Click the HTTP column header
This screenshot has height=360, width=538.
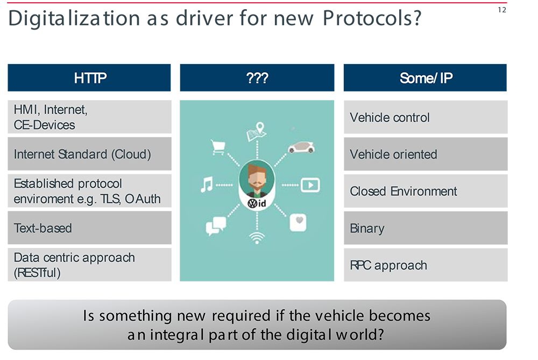coord(89,77)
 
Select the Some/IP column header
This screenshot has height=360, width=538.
coord(425,77)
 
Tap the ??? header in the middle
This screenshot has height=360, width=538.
coord(257,77)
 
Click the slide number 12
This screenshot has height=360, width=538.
coord(502,10)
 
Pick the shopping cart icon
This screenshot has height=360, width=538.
coord(218,147)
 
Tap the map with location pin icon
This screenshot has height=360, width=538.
coord(257,131)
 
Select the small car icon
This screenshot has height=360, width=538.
coord(301,147)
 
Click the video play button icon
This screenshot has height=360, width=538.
coord(310,185)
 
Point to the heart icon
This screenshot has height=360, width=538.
coord(298,223)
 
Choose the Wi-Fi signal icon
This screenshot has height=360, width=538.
coord(257,237)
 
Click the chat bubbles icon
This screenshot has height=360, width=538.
coord(216,225)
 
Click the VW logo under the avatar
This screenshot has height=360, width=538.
coord(252,203)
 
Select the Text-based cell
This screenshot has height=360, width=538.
coord(89,228)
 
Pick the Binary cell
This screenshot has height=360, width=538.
coord(426,228)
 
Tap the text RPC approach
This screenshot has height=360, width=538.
coord(388,265)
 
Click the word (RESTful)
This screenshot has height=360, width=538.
coord(37,273)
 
